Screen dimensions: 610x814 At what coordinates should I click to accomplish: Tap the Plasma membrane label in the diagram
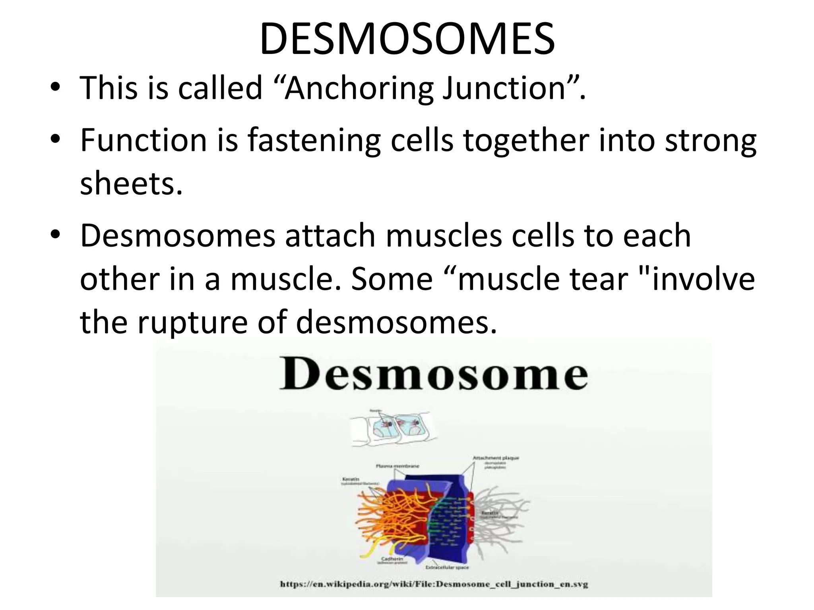tap(397, 466)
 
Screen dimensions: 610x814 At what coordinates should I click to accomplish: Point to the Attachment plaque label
tap(496, 458)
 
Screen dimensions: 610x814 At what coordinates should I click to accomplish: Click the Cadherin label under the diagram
tap(392, 559)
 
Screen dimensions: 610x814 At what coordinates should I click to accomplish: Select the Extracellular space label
tap(447, 568)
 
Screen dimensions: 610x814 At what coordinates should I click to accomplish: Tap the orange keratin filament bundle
tap(382, 516)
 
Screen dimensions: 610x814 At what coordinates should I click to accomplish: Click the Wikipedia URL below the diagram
tap(434, 584)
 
